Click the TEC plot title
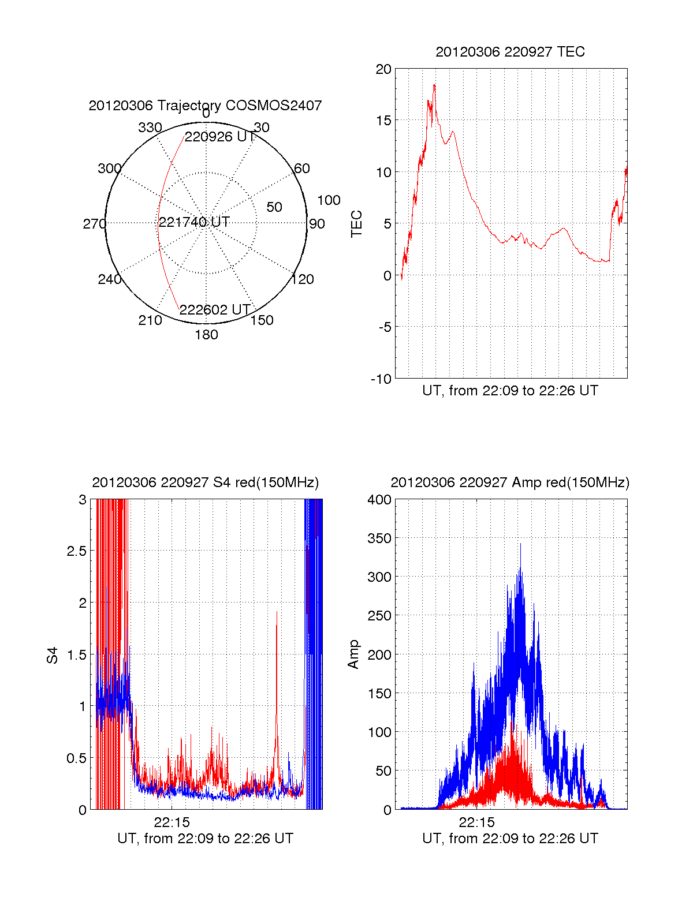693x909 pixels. click(x=510, y=52)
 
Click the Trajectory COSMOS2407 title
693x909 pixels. click(x=205, y=106)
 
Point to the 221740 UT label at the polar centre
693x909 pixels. click(x=194, y=222)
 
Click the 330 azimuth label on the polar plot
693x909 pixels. click(x=150, y=128)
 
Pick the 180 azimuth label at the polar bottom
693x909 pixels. click(x=206, y=335)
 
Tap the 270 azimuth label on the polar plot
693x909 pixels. click(x=94, y=224)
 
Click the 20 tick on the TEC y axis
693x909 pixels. click(x=383, y=69)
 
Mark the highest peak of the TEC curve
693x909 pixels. click(x=434, y=85)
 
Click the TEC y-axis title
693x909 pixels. click(x=357, y=223)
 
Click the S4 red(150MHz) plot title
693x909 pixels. click(x=205, y=482)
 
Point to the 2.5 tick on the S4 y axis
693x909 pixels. click(x=76, y=551)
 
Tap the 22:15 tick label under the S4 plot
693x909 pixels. click(x=172, y=822)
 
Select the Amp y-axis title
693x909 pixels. click(x=353, y=654)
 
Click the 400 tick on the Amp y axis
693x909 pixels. click(x=379, y=500)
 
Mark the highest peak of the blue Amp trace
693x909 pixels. click(x=520, y=544)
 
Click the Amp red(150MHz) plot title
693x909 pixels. click(x=510, y=482)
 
